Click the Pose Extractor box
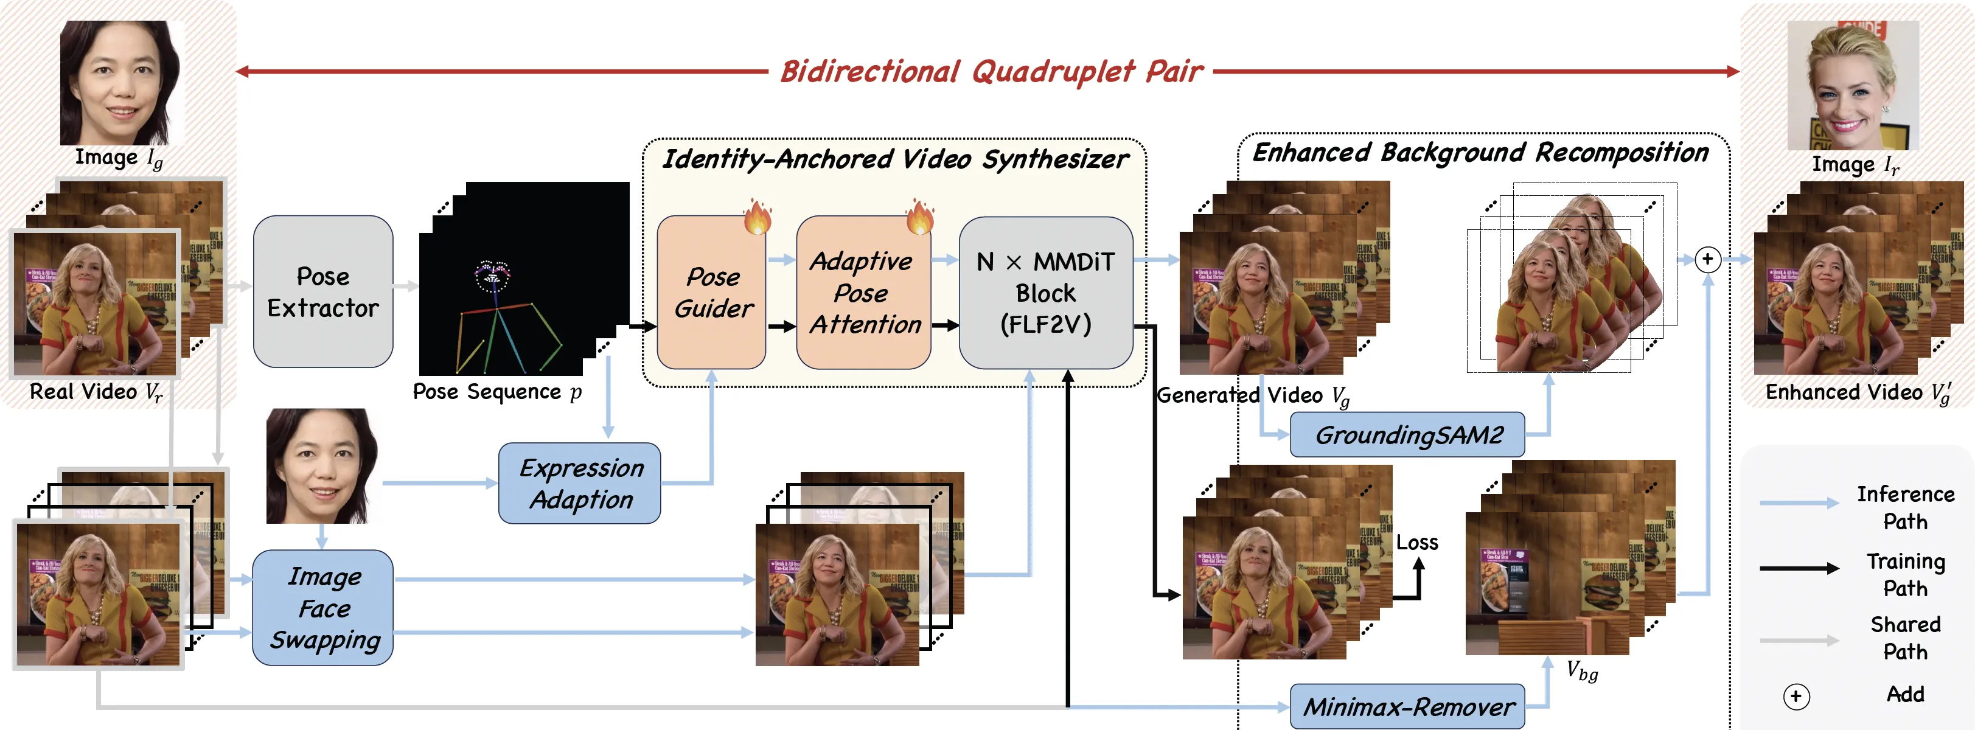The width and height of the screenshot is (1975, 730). [322, 291]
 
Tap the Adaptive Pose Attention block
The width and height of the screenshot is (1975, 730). [863, 292]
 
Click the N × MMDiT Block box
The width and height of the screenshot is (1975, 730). [1045, 292]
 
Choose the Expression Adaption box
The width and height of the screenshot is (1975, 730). [580, 483]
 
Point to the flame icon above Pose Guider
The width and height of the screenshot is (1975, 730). [757, 217]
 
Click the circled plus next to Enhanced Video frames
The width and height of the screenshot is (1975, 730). [1707, 259]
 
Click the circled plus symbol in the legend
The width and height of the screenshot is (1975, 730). [1796, 697]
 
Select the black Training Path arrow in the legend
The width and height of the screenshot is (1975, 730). [1799, 568]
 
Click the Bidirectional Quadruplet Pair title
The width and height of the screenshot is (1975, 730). [991, 71]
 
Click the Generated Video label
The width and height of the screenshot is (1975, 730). [1252, 395]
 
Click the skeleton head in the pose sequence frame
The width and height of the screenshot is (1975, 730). [492, 276]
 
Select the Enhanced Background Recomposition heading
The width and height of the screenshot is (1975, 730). [1480, 153]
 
